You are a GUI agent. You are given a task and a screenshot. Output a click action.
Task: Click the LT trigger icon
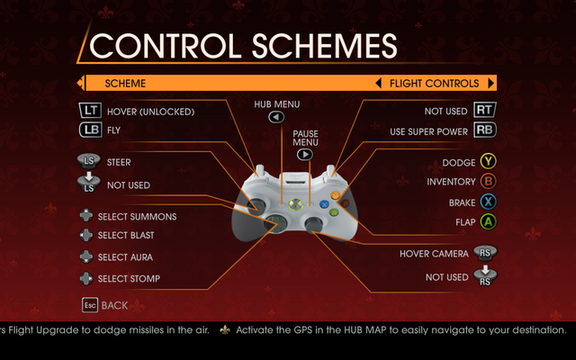click(x=90, y=110)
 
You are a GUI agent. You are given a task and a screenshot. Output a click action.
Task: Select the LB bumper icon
click(x=90, y=130)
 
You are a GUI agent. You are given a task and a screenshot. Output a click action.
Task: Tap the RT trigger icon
click(x=485, y=110)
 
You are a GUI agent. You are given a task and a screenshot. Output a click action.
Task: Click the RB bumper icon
click(x=485, y=130)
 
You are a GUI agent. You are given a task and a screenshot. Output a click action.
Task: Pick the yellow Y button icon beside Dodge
click(x=488, y=161)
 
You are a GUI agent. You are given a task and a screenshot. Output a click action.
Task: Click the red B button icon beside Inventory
click(x=488, y=181)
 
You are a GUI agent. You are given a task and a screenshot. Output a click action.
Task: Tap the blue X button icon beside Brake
click(x=488, y=202)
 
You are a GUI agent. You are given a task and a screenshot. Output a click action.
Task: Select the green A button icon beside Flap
click(x=488, y=222)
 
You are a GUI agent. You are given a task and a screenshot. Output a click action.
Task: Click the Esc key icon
click(x=90, y=305)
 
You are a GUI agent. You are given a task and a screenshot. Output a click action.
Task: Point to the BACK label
click(x=114, y=305)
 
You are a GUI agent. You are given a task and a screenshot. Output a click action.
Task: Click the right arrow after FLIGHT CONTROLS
click(x=490, y=84)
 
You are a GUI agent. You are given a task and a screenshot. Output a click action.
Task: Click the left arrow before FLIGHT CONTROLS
click(x=378, y=84)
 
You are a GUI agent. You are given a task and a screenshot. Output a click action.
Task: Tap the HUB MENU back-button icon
click(x=276, y=117)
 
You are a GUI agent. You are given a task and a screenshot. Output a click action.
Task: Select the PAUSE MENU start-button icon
click(x=305, y=155)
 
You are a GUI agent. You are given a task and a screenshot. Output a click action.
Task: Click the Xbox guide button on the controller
click(x=295, y=204)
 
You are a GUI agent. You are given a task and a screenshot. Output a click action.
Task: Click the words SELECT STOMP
click(x=129, y=279)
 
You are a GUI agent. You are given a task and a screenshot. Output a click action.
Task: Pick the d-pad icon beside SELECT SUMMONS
click(x=86, y=216)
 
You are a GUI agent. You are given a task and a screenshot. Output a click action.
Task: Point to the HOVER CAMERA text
click(x=434, y=254)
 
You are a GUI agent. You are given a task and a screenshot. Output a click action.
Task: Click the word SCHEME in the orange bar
click(x=125, y=84)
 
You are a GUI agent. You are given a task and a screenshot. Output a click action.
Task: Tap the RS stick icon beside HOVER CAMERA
click(x=485, y=253)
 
